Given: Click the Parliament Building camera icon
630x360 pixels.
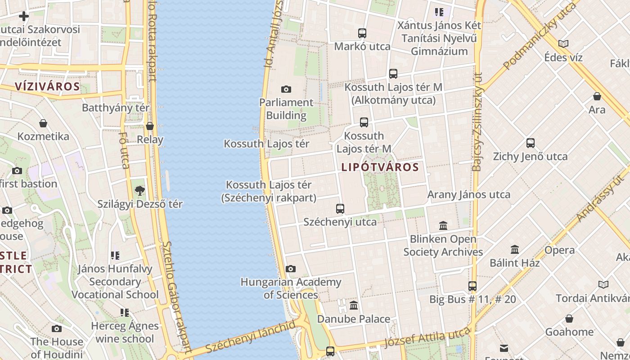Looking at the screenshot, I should point(286,89).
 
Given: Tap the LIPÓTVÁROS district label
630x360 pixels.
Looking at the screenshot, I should point(380,167).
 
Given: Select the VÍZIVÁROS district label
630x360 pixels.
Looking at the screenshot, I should point(47,86).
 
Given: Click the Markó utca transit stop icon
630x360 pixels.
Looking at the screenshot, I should point(362,33).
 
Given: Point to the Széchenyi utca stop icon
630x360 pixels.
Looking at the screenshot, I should point(340,209).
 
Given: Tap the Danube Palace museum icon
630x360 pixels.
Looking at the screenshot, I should point(354,306).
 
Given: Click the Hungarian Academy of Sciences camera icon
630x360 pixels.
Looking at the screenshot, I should point(291,269).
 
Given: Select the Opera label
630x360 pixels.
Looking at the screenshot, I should point(559,250).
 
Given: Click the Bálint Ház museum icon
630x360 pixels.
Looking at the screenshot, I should point(515,249).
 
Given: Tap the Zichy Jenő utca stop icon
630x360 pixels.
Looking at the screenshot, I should point(531,143).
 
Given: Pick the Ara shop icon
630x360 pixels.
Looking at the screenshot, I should point(597,96).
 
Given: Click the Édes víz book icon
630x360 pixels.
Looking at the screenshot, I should point(563,44).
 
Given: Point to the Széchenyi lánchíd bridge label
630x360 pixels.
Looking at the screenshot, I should point(251,337).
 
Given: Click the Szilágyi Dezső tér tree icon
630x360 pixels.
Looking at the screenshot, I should point(140,190).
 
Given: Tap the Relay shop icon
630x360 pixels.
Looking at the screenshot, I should point(150,126).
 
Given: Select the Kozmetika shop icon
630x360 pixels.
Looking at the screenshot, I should point(43,123).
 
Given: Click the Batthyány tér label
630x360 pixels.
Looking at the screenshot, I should point(116,108).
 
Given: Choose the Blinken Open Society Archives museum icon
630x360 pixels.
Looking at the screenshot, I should point(443,225).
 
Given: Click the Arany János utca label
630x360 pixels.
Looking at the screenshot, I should point(468,194).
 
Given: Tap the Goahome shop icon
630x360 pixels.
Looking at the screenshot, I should point(569,319).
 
